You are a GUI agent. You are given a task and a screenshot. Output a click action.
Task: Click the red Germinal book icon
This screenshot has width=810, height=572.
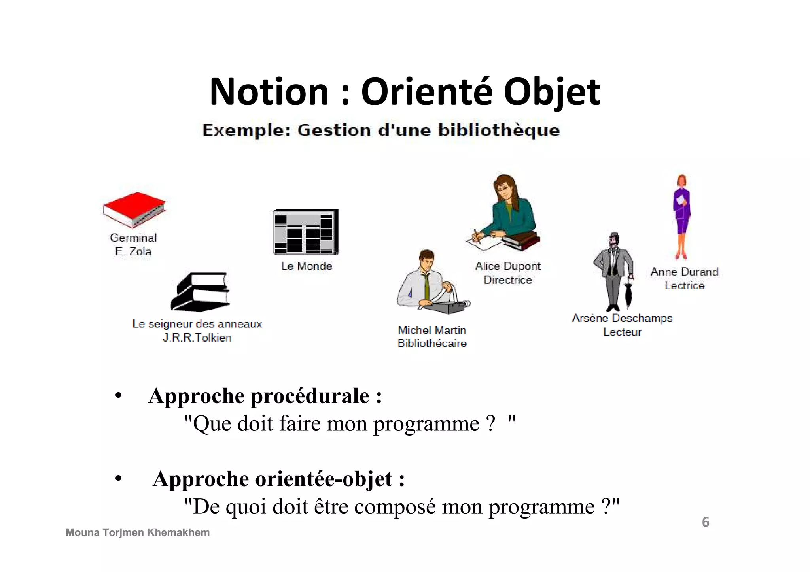tap(134, 209)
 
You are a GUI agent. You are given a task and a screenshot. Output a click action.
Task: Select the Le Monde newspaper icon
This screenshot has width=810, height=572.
tap(306, 232)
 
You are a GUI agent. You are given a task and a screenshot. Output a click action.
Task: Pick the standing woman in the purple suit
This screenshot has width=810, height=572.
tap(681, 215)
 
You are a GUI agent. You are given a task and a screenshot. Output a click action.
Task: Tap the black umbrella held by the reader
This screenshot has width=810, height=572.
tap(628, 293)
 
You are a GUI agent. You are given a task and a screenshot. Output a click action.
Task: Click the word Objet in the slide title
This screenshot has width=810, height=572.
tap(552, 93)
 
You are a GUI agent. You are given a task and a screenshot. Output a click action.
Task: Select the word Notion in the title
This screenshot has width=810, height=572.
tap(269, 93)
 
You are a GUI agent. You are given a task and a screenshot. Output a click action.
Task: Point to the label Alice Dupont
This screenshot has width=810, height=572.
tap(508, 266)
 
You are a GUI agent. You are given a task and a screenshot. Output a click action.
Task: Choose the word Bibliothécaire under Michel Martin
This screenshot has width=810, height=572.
tap(432, 344)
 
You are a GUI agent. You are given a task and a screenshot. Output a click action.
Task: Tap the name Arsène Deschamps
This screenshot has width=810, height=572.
tap(622, 318)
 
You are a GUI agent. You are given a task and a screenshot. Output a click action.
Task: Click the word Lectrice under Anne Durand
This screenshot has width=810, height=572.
tap(684, 285)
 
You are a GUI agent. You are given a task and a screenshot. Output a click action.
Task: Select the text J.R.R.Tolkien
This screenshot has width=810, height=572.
tap(197, 338)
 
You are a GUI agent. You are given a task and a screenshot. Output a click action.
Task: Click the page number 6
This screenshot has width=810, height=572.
tap(706, 522)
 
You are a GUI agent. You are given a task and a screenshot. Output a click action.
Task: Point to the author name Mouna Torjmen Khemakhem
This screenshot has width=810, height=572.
tap(138, 532)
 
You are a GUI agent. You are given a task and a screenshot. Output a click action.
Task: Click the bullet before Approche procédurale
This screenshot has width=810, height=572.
tap(118, 396)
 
